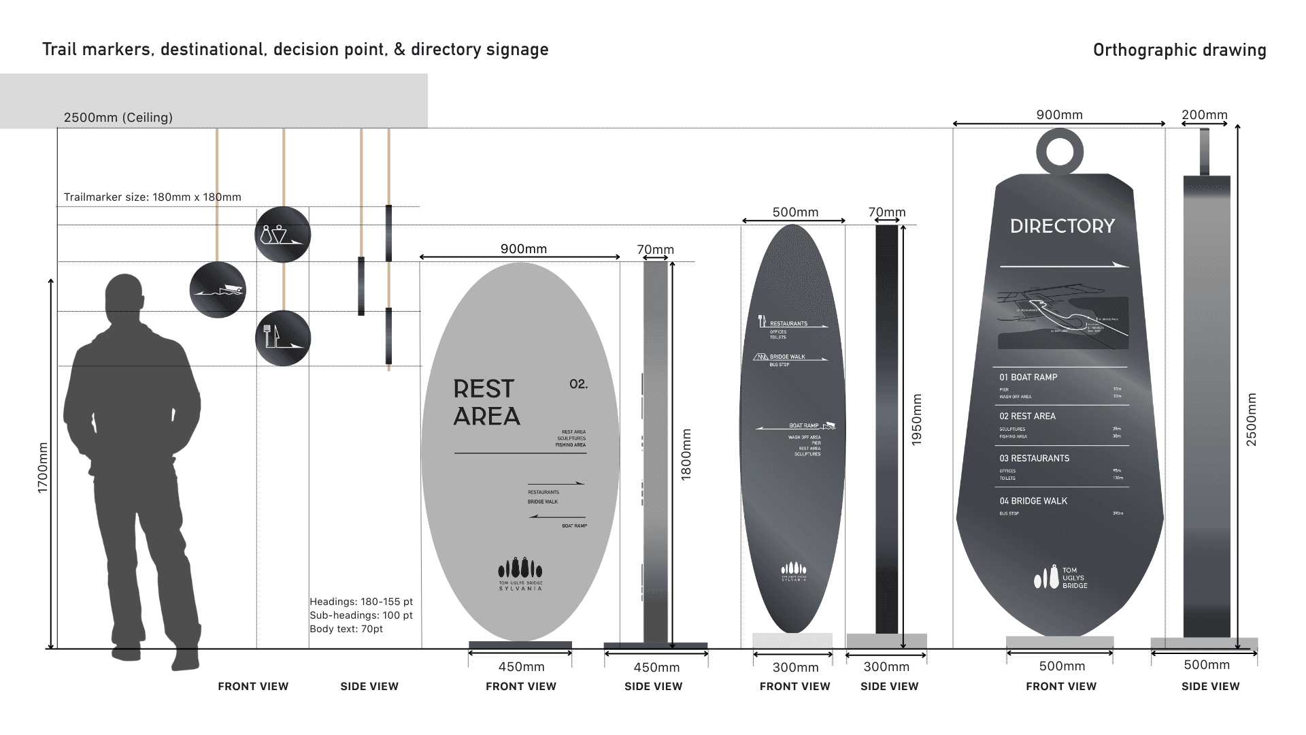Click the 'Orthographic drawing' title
pyautogui.click(x=1179, y=50)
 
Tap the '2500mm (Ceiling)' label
pyautogui.click(x=118, y=118)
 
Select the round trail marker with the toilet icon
pyautogui.click(x=283, y=235)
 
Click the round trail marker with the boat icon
pyautogui.click(x=218, y=290)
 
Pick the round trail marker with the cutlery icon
pyautogui.click(x=283, y=338)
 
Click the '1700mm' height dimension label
pyautogui.click(x=43, y=468)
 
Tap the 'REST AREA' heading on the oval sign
pyautogui.click(x=486, y=402)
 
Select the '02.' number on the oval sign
pyautogui.click(x=578, y=385)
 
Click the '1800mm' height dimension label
pyautogui.click(x=686, y=454)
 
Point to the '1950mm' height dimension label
pyautogui.click(x=917, y=419)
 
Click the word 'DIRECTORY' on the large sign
pyautogui.click(x=1062, y=226)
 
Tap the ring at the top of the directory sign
pyautogui.click(x=1059, y=152)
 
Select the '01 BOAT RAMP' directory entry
pyautogui.click(x=1028, y=377)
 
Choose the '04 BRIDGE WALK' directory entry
pyautogui.click(x=1033, y=501)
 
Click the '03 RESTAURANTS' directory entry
pyautogui.click(x=1034, y=459)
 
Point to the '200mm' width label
pyautogui.click(x=1204, y=115)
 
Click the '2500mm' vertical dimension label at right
pyautogui.click(x=1252, y=419)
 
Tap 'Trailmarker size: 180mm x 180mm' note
pyautogui.click(x=152, y=197)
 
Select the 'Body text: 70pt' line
pyautogui.click(x=346, y=629)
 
